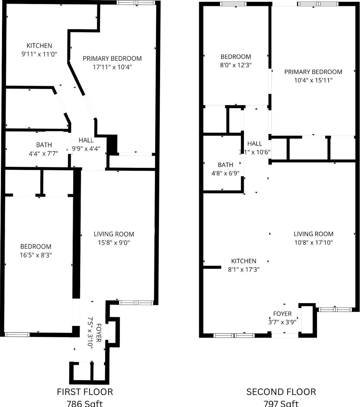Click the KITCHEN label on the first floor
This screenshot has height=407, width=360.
39,46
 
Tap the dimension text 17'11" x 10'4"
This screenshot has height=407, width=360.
112,67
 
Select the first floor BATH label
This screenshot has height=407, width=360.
44,145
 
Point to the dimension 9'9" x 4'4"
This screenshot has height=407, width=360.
86,149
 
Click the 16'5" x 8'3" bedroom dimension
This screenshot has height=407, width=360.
36,255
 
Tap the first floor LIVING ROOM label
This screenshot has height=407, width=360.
114,234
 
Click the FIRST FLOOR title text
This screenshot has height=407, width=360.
85,392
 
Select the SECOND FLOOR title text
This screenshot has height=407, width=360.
281,392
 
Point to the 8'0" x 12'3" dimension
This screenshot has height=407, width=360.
236,65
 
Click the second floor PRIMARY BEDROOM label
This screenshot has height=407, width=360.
313,72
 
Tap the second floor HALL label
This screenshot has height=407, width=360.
255,144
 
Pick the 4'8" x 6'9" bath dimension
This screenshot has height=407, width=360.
226,173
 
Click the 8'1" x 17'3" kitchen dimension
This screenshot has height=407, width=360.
244,269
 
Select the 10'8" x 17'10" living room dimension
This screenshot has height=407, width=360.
313,243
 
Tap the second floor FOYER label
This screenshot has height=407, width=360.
282,314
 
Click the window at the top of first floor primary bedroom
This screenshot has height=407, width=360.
136,3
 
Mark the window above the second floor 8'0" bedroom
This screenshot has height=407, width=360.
233,4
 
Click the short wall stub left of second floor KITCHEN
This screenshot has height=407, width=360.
212,268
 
